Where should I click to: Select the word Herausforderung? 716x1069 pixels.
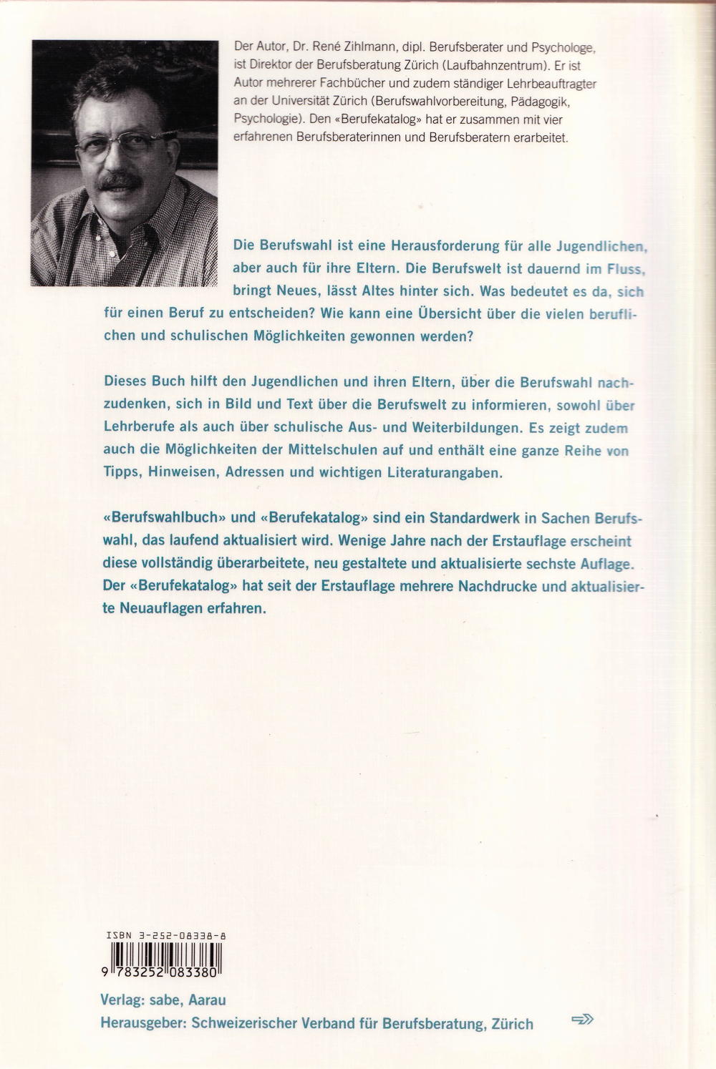pos(445,245)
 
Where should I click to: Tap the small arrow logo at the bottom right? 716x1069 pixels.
pos(582,1020)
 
